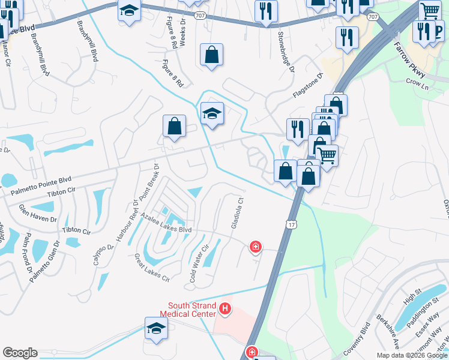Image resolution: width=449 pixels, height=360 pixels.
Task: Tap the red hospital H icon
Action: click(x=225, y=309)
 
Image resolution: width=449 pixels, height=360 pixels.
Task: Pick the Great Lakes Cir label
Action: click(x=152, y=268)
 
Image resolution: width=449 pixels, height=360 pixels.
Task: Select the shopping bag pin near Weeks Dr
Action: click(x=211, y=55)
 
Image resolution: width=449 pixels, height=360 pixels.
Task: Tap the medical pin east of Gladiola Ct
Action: click(x=256, y=246)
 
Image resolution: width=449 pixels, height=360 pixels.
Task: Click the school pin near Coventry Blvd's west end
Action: click(x=155, y=328)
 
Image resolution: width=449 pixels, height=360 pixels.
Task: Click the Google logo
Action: click(x=20, y=353)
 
